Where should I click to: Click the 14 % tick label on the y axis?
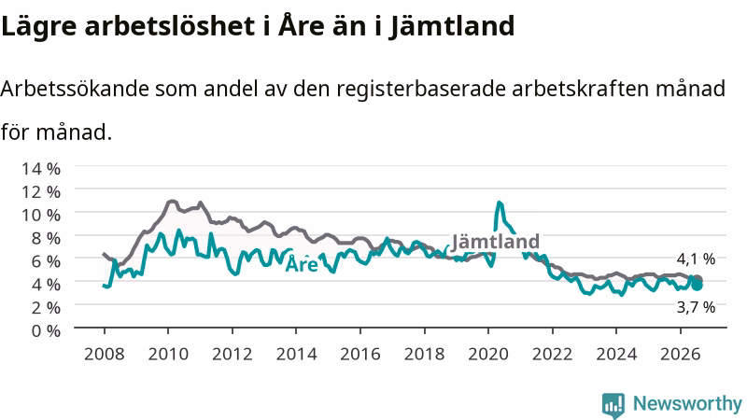(41, 169)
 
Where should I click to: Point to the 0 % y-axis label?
(46, 330)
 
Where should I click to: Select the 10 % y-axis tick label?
(41, 215)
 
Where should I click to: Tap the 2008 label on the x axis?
(105, 355)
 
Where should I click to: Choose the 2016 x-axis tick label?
(360, 355)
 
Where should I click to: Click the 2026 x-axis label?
(681, 355)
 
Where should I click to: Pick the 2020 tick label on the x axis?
(488, 355)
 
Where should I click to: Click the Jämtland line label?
(496, 242)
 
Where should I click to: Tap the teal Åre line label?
(302, 263)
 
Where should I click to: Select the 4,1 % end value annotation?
(696, 259)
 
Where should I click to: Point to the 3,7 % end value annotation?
(696, 308)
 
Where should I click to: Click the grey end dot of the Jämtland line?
(698, 279)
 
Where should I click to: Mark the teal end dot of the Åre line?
(697, 286)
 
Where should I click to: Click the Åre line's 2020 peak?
(500, 203)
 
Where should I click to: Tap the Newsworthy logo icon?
(613, 405)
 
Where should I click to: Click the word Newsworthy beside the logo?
(687, 404)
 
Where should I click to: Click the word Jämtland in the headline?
(452, 27)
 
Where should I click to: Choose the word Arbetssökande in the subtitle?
(75, 89)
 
